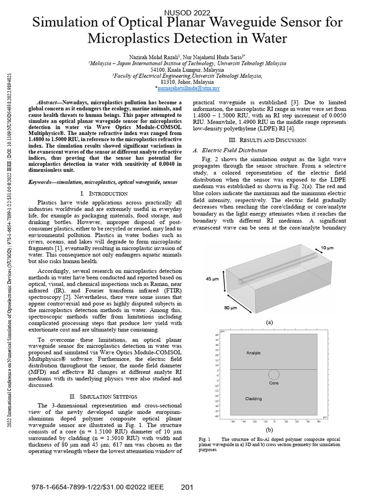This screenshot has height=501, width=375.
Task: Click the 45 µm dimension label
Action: point(211,279)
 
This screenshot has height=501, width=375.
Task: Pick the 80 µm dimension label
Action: point(231,308)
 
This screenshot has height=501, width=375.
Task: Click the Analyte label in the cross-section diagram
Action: point(253,352)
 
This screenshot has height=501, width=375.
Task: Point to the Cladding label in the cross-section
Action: point(253,399)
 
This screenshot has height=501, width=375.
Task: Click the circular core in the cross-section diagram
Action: point(274,375)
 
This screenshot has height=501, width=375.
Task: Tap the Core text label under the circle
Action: point(274,383)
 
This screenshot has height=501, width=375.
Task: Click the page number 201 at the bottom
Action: point(188,487)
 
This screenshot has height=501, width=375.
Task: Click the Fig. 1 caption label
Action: point(205,439)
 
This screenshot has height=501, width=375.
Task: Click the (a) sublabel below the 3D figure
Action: point(269,323)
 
